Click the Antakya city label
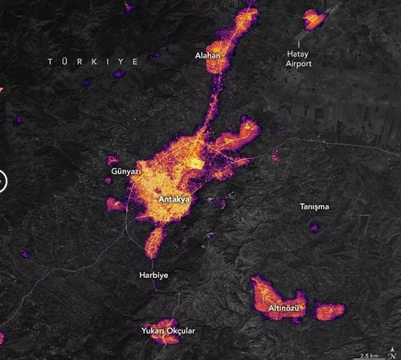(x=175, y=198)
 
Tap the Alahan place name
(x=208, y=56)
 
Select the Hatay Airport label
(x=299, y=59)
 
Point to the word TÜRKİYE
(x=93, y=61)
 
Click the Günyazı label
(x=122, y=172)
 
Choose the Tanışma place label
(x=314, y=207)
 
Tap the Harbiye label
(x=154, y=274)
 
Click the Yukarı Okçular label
(x=168, y=330)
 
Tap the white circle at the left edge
(x=1, y=180)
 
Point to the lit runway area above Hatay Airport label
(x=314, y=21)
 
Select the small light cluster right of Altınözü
(x=329, y=310)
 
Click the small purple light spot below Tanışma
(x=314, y=227)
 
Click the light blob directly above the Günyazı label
(x=112, y=160)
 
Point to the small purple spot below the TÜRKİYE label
(x=118, y=74)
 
